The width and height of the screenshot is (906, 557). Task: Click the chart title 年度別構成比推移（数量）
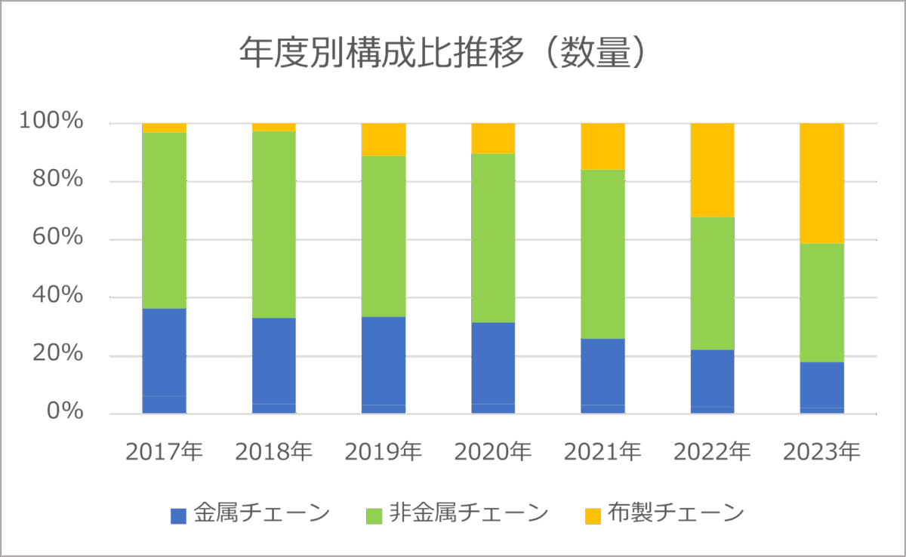pos(444,54)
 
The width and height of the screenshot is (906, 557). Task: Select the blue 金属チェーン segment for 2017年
pos(165,361)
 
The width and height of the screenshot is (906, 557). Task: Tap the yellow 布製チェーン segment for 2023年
pos(821,183)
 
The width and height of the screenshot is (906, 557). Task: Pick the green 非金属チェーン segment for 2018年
pos(274,225)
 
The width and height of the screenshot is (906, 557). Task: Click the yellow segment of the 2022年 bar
pos(712,171)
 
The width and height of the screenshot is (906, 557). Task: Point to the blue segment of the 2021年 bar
pos(602,376)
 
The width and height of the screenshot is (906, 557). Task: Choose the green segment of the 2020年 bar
pos(493,238)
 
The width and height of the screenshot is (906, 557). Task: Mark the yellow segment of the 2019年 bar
pos(384,140)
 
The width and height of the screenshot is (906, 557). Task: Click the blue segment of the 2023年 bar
pos(821,388)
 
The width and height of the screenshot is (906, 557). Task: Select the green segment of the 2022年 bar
pos(712,284)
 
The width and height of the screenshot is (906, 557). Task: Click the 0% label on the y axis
pos(68,411)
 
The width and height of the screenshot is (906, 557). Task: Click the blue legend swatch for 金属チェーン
pos(178,515)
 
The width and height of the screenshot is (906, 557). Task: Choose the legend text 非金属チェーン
pos(468,514)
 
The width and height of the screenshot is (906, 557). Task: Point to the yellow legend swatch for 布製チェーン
pos(593,515)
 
